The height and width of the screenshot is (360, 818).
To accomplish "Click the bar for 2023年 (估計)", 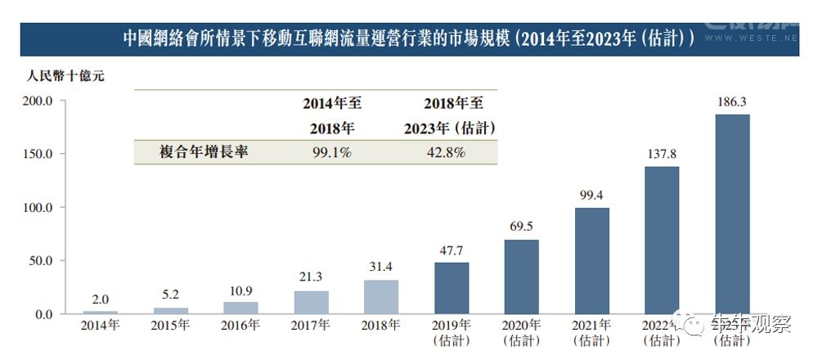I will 732,214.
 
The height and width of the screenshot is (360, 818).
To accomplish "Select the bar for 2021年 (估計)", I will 591,261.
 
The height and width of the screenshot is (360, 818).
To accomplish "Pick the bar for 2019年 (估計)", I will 451,288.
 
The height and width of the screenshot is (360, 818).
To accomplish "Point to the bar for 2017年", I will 311,302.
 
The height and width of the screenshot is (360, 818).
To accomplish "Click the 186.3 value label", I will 732,102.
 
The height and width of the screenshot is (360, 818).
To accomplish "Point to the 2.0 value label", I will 101,299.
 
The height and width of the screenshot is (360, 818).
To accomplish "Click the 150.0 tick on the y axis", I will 37,154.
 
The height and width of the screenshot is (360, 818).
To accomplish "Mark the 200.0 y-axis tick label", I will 37,101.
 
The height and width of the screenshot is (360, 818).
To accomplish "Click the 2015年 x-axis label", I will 170,326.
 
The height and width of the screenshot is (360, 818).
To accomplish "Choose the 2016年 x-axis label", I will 240,326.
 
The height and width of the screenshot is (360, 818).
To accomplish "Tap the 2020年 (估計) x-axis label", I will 521,332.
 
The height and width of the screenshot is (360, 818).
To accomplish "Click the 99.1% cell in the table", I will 331,152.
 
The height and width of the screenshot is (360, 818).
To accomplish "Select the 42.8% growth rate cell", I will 446,152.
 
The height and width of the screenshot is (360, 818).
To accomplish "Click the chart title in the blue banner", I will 409,38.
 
